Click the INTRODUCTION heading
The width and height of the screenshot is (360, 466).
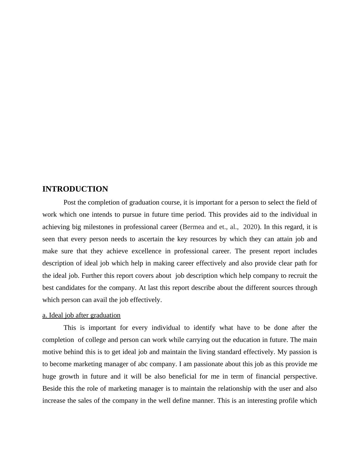75,189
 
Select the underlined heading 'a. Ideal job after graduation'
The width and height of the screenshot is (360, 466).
81,315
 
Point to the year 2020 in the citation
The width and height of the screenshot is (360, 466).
250,227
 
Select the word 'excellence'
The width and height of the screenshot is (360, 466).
146,251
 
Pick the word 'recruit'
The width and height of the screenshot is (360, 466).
296,276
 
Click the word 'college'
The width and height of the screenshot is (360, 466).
96,340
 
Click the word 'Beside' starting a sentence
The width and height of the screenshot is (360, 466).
51,389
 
